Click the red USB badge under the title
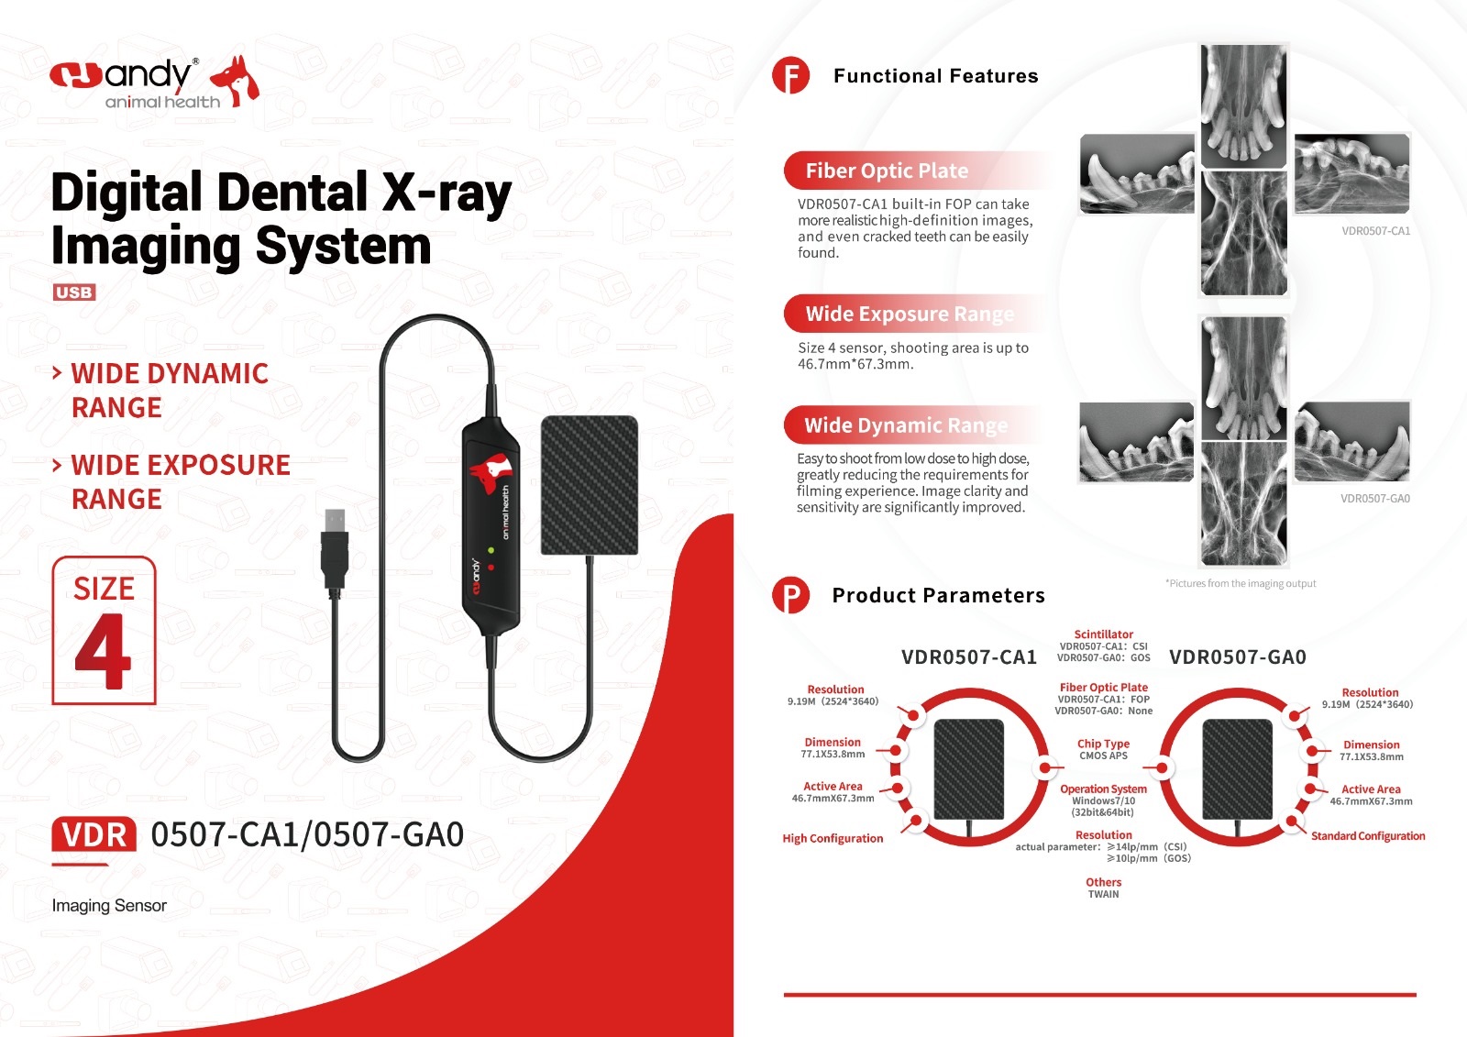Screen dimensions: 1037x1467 click(x=74, y=292)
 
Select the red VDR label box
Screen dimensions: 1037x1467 click(x=94, y=835)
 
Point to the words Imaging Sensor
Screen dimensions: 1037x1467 click(x=109, y=906)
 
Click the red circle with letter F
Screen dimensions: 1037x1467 click(x=790, y=75)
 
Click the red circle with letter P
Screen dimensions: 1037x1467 click(x=790, y=595)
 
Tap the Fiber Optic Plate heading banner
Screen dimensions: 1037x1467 click(x=887, y=171)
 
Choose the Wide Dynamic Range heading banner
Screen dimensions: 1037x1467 click(x=906, y=425)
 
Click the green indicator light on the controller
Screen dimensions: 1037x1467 click(x=491, y=550)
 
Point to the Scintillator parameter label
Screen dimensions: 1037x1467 click(x=1103, y=634)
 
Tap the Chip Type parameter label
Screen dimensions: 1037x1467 click(x=1103, y=744)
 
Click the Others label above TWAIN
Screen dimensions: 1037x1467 click(x=1103, y=882)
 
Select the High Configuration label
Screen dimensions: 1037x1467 click(x=833, y=838)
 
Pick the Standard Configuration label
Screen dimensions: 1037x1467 click(x=1367, y=836)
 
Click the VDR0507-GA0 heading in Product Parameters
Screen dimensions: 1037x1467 click(x=1237, y=657)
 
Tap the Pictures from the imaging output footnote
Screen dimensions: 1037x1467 click(x=1241, y=583)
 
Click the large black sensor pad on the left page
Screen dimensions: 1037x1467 click(x=589, y=485)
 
